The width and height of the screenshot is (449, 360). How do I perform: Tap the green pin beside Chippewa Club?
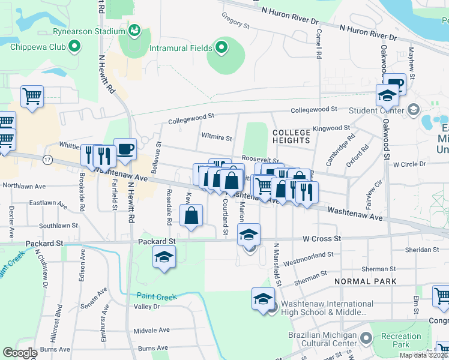[74, 45]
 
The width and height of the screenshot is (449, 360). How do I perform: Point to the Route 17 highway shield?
[48, 159]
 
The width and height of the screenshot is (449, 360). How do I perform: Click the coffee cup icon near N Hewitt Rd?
[125, 149]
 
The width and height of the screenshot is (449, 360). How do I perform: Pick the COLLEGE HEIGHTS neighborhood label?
[291, 136]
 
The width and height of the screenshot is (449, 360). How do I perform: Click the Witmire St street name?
[217, 137]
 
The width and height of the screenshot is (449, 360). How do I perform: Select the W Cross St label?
[322, 238]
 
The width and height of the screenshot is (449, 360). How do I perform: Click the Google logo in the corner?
[20, 353]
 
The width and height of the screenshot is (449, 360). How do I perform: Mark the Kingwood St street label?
[331, 128]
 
